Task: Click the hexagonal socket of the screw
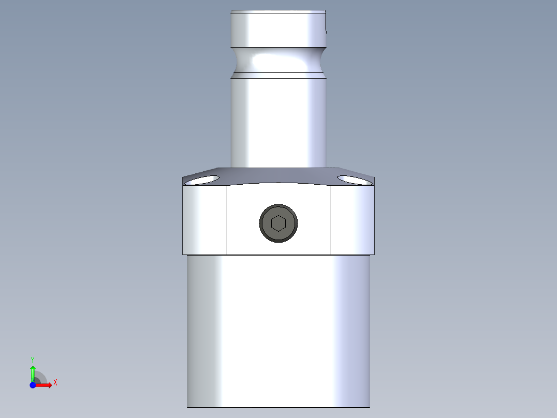[x=278, y=223]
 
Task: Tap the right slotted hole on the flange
[x=354, y=180]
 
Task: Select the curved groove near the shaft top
[x=278, y=60]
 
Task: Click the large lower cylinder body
[x=278, y=331]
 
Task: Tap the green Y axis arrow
[x=33, y=371]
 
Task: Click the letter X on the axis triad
[x=55, y=383]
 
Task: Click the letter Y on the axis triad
[x=33, y=359]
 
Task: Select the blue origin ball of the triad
[x=33, y=385]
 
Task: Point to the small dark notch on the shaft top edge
[x=326, y=31]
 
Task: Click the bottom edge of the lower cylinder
[x=278, y=407]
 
